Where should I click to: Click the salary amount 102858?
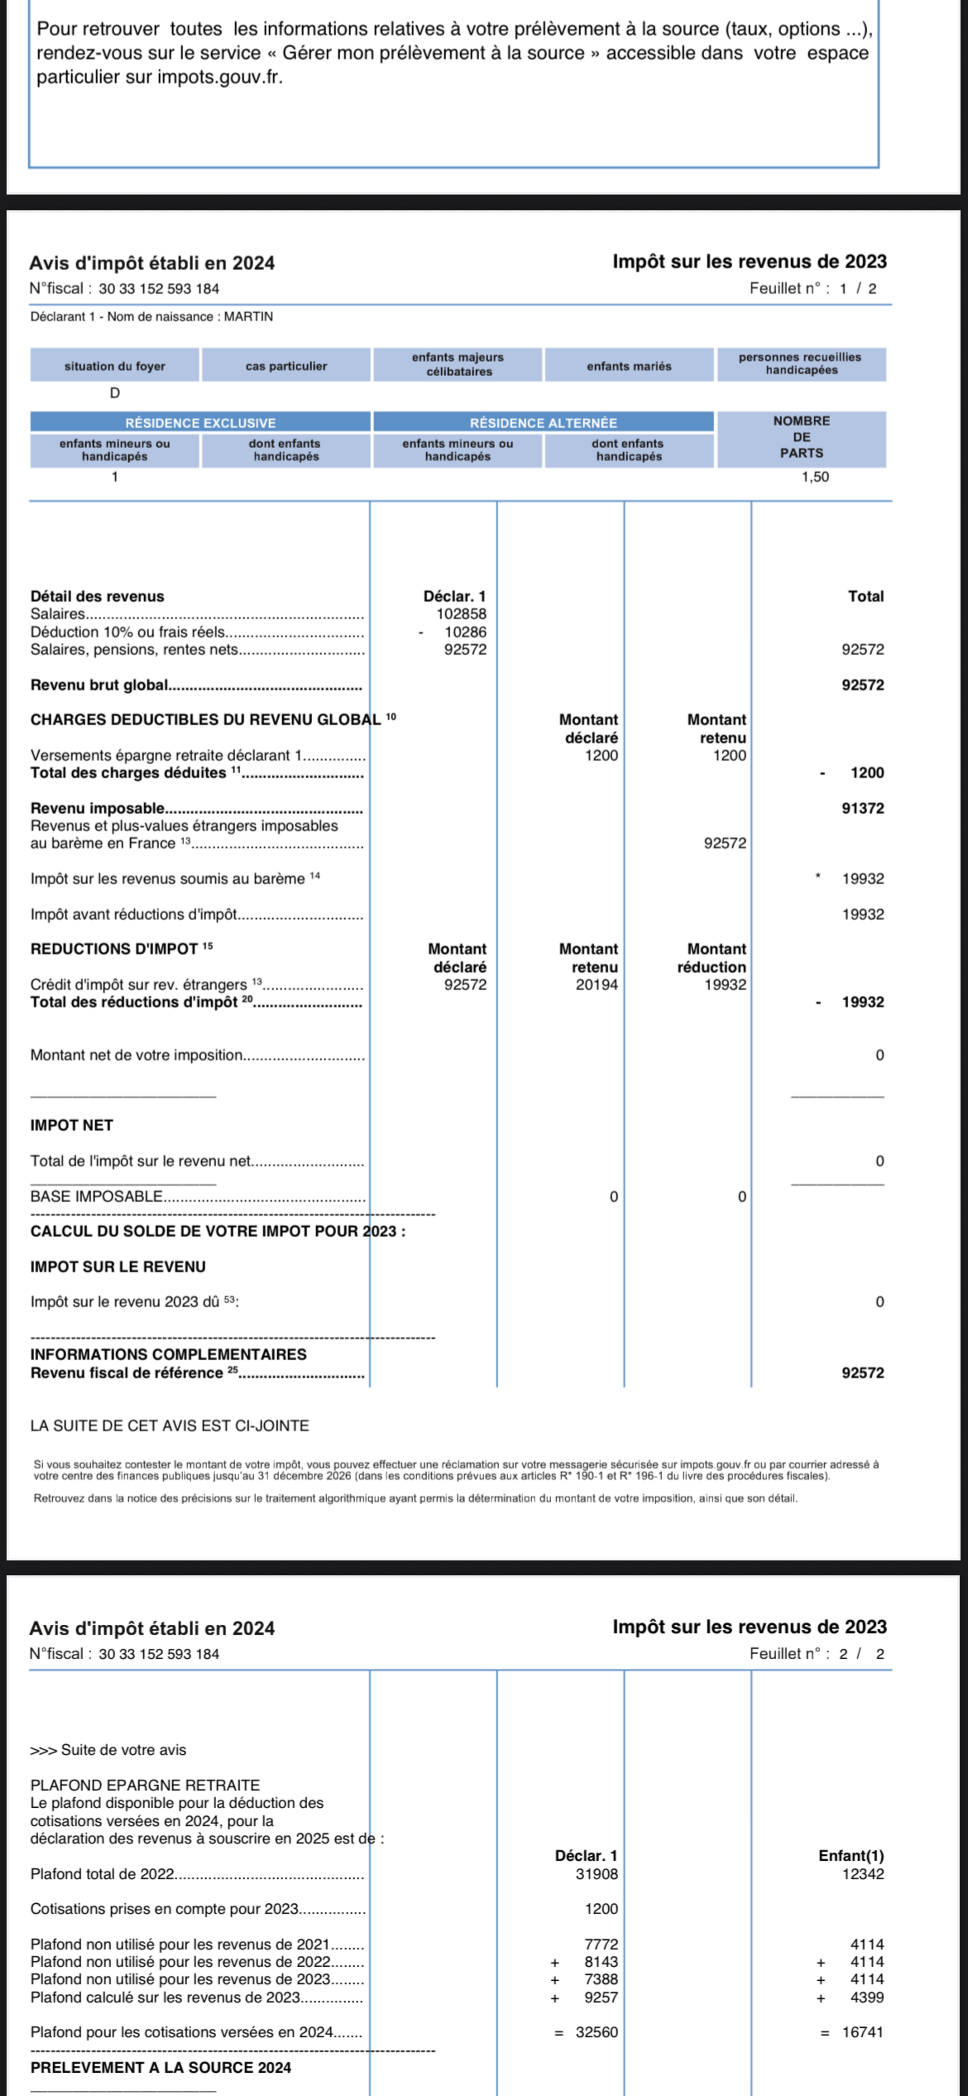pos(461,614)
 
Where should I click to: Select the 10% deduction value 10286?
pos(465,632)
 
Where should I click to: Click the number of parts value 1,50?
pos(815,477)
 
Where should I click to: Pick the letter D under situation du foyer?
pos(115,393)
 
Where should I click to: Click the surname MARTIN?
pos(248,317)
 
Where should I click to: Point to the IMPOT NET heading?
pos(72,1125)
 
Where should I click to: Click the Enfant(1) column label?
pos(851,1856)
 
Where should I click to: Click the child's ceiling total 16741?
pos(862,2033)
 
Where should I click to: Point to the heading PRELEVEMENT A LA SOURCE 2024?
pos(160,2067)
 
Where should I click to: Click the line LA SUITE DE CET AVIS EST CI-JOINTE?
pos(169,1426)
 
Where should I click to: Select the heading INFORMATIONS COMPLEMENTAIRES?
pos(168,1355)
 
